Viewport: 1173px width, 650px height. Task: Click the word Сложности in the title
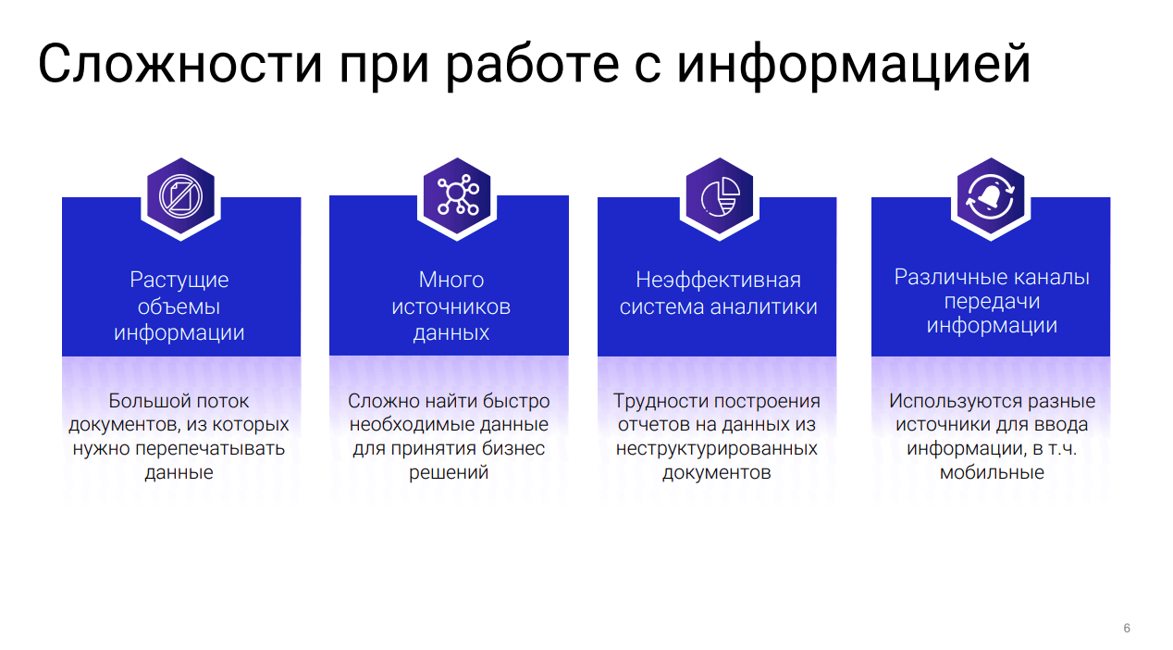pos(179,64)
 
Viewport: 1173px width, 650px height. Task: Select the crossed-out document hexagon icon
pos(180,196)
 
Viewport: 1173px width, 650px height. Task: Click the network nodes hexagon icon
pos(457,195)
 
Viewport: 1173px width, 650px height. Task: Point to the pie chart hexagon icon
pos(720,196)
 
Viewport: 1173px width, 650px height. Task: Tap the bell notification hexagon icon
pos(991,196)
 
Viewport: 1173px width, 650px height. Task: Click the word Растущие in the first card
pos(179,281)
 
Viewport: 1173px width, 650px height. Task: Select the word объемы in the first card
pos(179,306)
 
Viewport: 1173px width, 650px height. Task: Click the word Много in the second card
pos(451,280)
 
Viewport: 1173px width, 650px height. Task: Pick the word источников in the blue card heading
pos(451,306)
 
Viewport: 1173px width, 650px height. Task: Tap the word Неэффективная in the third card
pos(718,281)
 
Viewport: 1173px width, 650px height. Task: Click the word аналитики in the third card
pos(763,306)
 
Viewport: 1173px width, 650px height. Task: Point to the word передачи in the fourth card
pos(992,303)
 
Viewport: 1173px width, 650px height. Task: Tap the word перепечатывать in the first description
pos(210,449)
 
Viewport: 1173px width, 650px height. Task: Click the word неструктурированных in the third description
pos(716,449)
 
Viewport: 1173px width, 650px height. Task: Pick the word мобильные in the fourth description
pos(992,473)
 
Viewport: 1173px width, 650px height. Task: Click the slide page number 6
pos(1127,628)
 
